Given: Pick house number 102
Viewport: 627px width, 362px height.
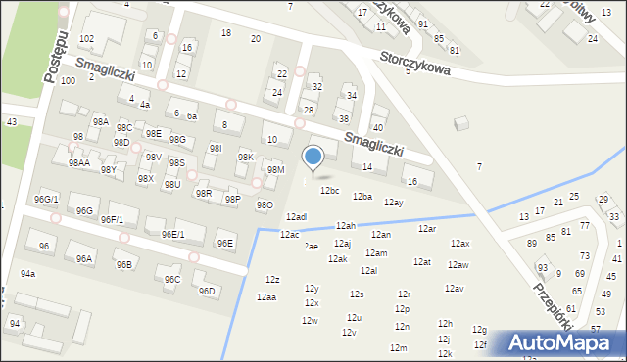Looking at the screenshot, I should [x=86, y=38].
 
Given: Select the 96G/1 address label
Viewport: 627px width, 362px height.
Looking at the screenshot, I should [x=46, y=200].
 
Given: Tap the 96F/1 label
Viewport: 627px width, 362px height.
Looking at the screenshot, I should [x=112, y=220].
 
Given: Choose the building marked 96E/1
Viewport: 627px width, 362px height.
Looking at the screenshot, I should [x=172, y=234].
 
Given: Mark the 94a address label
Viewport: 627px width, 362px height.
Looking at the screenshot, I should [x=27, y=274].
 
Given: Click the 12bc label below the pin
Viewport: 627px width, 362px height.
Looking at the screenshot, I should [x=329, y=191].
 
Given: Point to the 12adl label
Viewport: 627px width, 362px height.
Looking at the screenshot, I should [x=296, y=217].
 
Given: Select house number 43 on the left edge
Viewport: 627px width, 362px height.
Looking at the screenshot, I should [x=11, y=121].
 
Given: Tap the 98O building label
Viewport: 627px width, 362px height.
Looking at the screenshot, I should [x=265, y=205].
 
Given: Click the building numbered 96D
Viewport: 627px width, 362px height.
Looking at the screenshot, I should [x=206, y=291].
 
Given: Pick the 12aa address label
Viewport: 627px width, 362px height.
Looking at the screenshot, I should [x=265, y=297].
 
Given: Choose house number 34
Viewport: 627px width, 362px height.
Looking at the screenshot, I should [x=351, y=96].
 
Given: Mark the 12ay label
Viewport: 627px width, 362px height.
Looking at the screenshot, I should [x=394, y=203].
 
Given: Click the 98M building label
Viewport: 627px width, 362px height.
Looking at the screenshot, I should [x=276, y=170].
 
